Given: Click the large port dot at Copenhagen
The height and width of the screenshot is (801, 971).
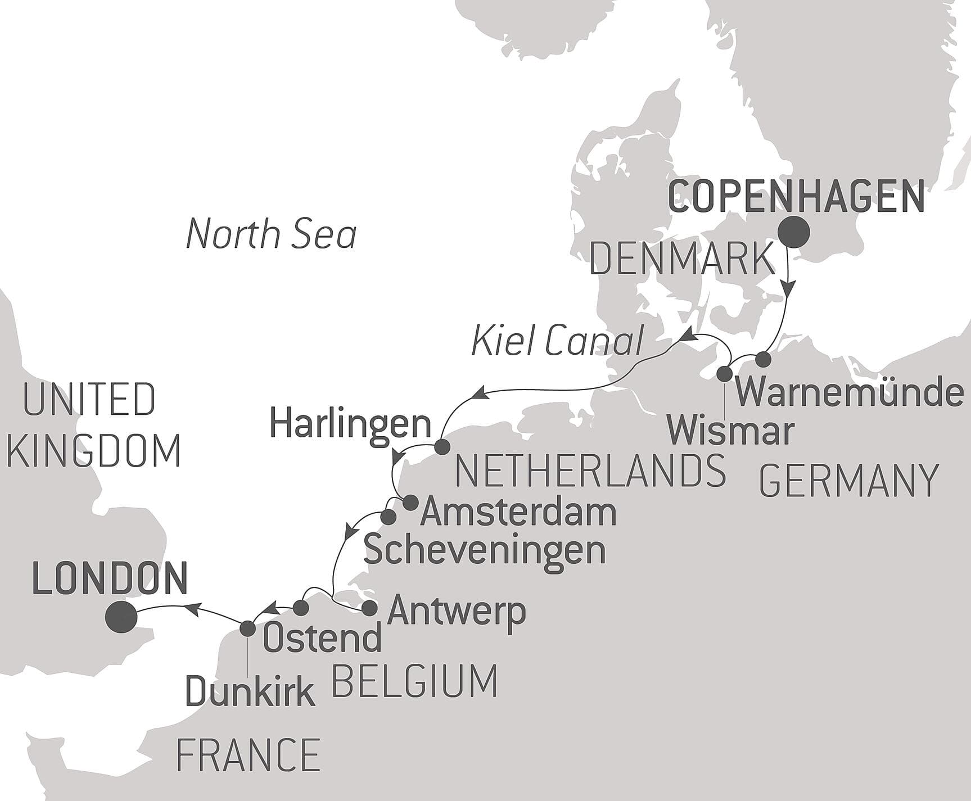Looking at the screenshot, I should click(x=793, y=232).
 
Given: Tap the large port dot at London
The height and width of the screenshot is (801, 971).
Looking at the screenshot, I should click(x=121, y=617).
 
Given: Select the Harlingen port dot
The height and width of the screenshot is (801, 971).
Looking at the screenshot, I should click(x=442, y=447).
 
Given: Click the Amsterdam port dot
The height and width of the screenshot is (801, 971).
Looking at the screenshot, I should click(x=410, y=503).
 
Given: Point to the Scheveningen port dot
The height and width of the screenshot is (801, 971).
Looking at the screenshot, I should click(x=389, y=517).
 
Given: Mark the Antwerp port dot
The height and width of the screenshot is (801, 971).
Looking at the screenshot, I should click(x=369, y=608).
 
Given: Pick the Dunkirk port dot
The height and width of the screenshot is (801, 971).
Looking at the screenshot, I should click(x=247, y=628).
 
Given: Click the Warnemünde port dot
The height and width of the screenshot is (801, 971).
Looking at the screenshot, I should click(x=762, y=359).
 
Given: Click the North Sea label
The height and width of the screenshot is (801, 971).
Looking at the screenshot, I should click(x=271, y=234).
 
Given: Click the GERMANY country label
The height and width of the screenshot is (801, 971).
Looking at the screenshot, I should click(x=848, y=481).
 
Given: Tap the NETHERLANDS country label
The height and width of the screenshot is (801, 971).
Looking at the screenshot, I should click(x=590, y=471).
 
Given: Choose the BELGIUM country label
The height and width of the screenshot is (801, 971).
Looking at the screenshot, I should click(x=415, y=681).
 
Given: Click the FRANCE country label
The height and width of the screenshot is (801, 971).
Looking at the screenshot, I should click(x=248, y=755).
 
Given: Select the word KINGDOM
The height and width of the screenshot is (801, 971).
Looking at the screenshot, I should click(x=94, y=451).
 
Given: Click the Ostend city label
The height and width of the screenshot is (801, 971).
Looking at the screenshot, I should click(x=322, y=639).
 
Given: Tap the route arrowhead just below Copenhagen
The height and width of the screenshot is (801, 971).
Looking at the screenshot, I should click(x=789, y=288).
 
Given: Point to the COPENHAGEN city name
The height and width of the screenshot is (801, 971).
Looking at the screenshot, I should click(x=797, y=197).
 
